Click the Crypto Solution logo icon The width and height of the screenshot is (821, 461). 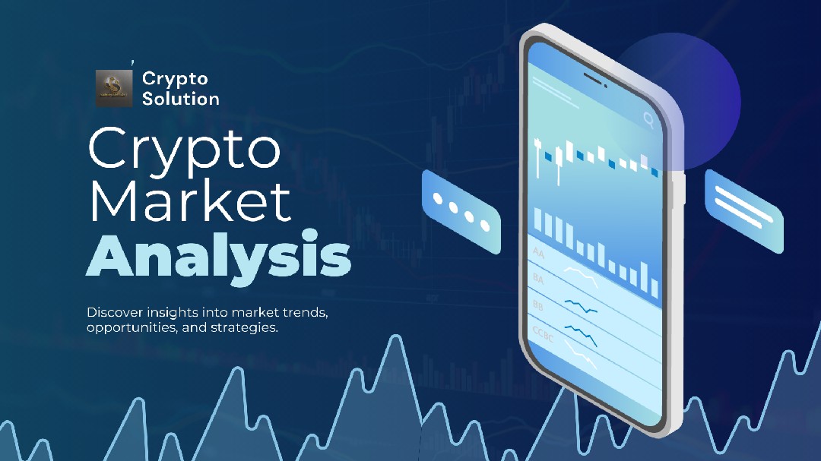click(x=114, y=87)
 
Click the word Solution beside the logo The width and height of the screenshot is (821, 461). click(x=181, y=99)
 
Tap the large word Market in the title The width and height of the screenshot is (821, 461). click(x=190, y=201)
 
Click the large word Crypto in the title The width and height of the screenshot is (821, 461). click(x=185, y=150)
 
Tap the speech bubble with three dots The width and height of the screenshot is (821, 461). click(x=461, y=210)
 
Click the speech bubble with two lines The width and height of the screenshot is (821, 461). click(x=743, y=210)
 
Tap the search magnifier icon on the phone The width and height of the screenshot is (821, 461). click(x=648, y=118)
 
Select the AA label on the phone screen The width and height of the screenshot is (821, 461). click(x=538, y=251)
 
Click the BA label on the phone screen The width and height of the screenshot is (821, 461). click(x=538, y=279)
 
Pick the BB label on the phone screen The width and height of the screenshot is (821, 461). click(x=539, y=305)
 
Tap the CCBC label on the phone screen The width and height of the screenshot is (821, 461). click(x=543, y=334)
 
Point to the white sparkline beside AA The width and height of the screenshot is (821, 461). click(x=581, y=277)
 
